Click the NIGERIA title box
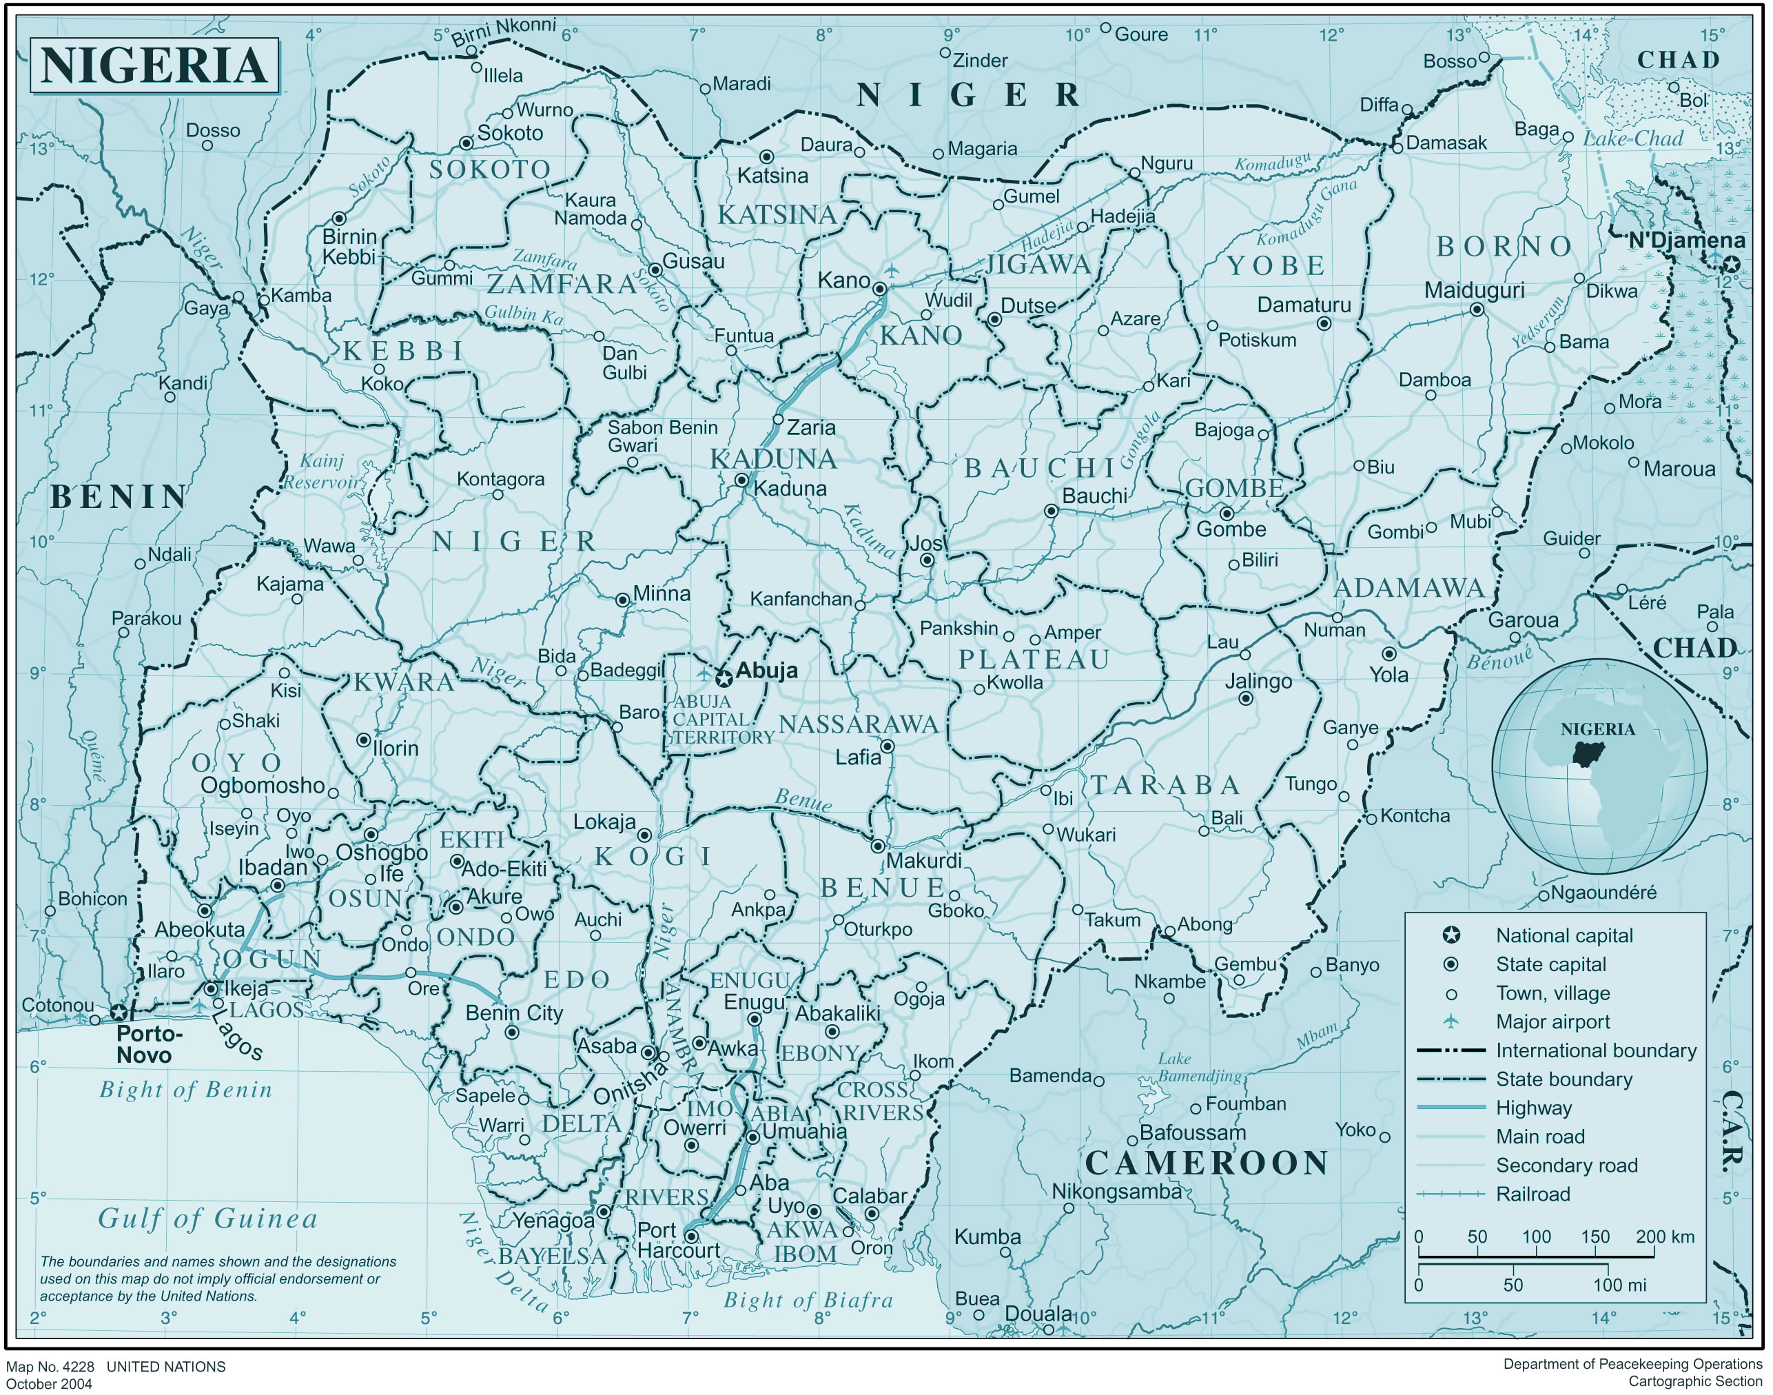154,65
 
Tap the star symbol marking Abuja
723,679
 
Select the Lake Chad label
1633,139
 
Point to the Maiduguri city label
1474,291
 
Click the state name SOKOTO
490,170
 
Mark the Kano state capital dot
879,289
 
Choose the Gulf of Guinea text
207,1219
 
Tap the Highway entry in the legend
1533,1108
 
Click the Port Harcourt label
678,1241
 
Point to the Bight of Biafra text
808,1301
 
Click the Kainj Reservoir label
322,472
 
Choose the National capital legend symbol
1451,935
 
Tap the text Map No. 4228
50,1367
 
